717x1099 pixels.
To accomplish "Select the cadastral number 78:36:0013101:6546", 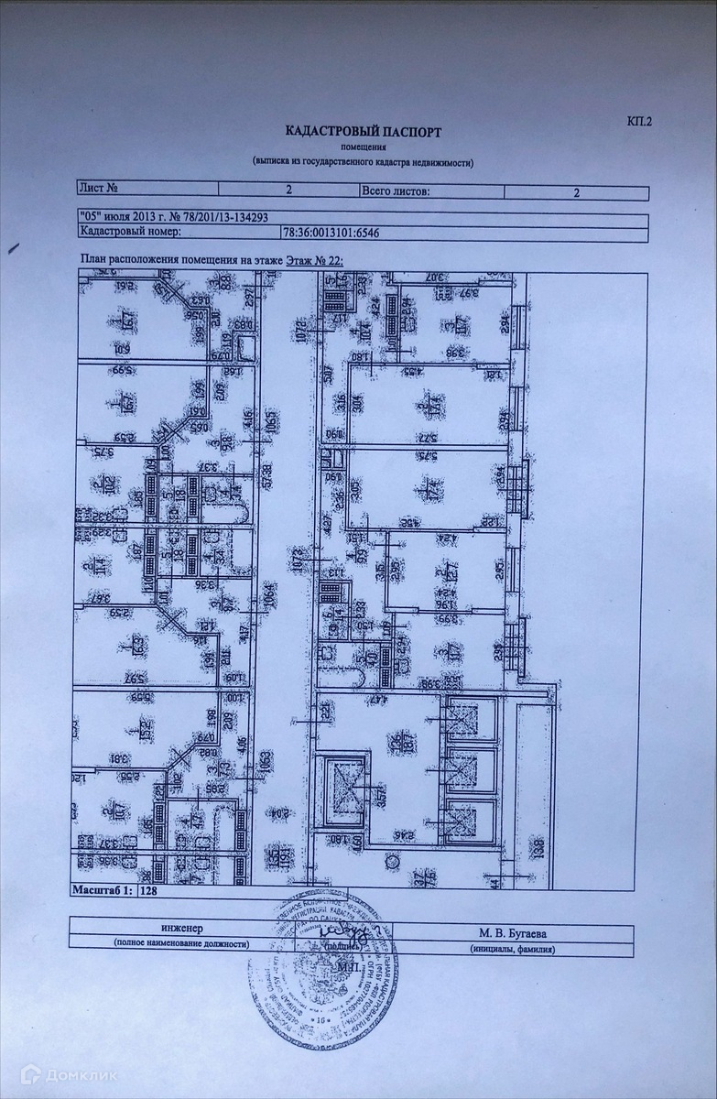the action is [x=331, y=233].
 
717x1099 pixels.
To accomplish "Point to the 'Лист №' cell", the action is [x=101, y=189].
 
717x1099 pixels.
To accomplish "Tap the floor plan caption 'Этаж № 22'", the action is [x=312, y=260].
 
